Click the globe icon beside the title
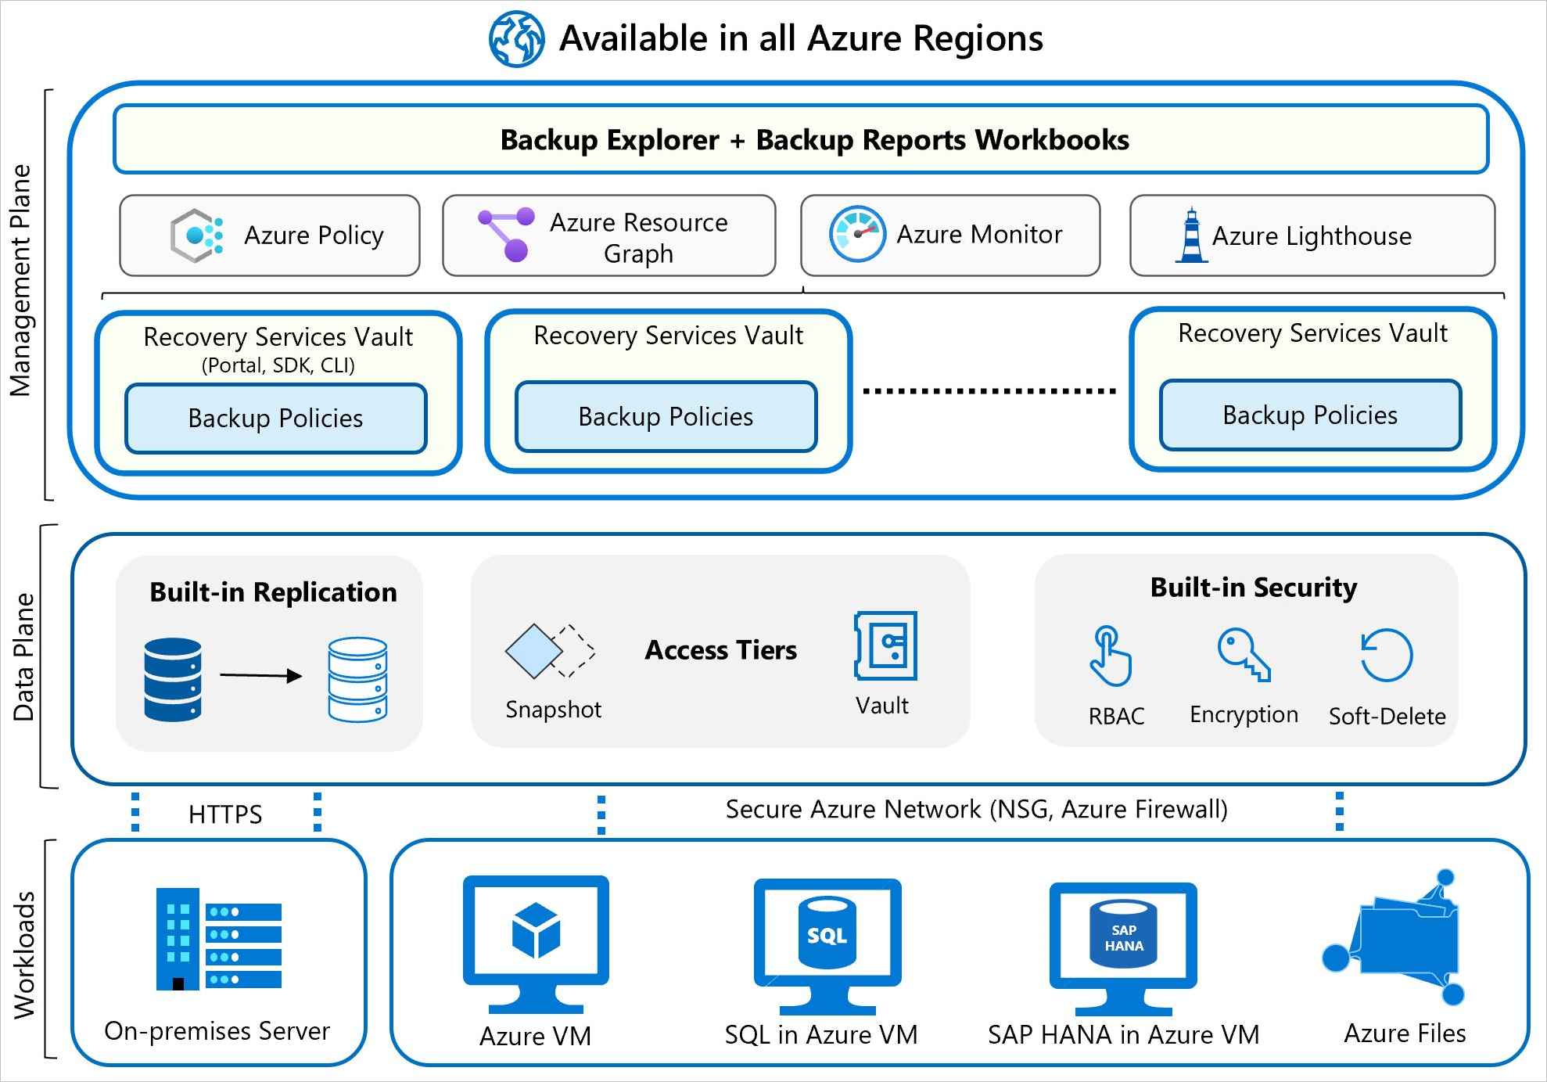(516, 38)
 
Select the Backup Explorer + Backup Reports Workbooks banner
(800, 139)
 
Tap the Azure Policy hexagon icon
(196, 235)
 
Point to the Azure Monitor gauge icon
(857, 234)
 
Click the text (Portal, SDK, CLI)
(278, 365)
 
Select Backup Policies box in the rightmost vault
(1310, 415)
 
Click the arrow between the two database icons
(260, 675)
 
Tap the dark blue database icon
(173, 679)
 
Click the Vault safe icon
(886, 645)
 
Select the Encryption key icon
(1243, 654)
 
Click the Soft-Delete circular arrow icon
(1386, 655)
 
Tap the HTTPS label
(225, 814)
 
